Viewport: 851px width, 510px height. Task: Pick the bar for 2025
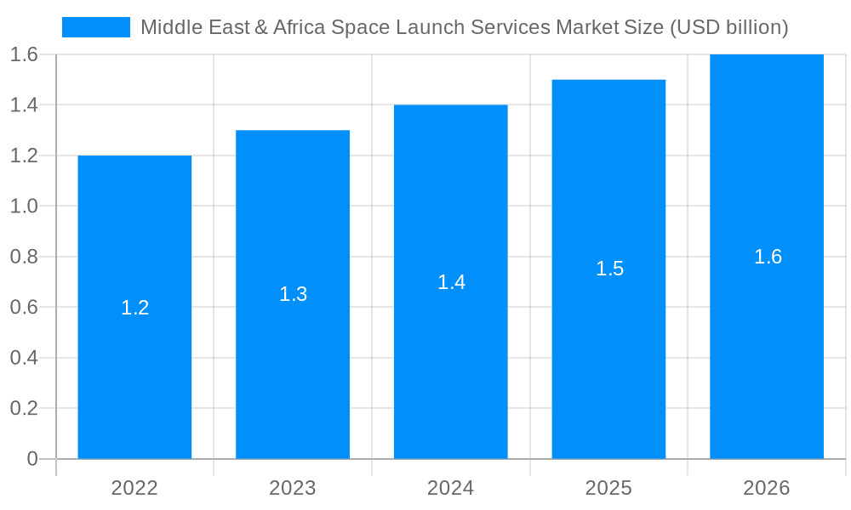click(608, 357)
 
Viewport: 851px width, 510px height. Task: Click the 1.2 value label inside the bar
click(134, 308)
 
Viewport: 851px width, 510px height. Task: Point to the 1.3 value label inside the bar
click(293, 294)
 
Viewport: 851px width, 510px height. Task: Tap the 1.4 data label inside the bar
click(451, 282)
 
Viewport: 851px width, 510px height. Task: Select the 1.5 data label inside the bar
click(609, 269)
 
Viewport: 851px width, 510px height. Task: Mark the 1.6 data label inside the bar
click(768, 257)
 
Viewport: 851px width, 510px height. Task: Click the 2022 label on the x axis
click(134, 488)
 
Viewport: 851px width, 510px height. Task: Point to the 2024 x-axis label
click(451, 488)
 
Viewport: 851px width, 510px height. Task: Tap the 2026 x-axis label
click(767, 488)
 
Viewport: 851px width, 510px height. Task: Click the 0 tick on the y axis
click(32, 459)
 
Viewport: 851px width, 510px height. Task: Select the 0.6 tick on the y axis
click(24, 307)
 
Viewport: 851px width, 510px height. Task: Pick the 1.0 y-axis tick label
click(24, 206)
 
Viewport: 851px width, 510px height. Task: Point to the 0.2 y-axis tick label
click(24, 408)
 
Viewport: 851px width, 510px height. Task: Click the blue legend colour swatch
click(96, 27)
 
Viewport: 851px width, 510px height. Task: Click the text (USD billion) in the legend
click(729, 27)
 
